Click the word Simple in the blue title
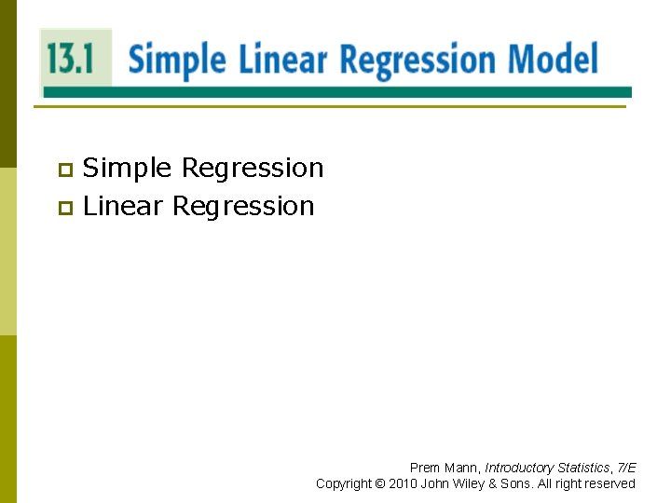tap(176, 61)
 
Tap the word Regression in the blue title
tap(419, 61)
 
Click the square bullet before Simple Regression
tap(64, 170)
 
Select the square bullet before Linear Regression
tap(64, 208)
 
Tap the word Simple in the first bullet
tap(128, 169)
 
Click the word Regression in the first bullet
tap(253, 170)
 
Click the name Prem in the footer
tap(424, 468)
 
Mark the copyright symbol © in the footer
tap(379, 483)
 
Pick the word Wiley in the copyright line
tap(466, 483)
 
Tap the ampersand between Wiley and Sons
tap(493, 483)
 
